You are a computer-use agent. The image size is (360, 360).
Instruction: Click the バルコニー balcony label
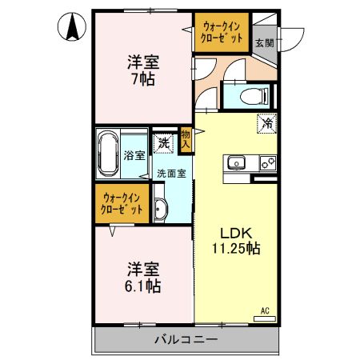(186, 341)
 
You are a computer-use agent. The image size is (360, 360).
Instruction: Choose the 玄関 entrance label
(264, 42)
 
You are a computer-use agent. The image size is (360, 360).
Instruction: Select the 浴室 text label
(135, 155)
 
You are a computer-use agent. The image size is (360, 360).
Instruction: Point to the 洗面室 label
(171, 173)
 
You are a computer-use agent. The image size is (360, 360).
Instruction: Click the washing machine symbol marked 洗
(163, 144)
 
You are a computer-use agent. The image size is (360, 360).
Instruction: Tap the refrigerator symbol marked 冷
(266, 124)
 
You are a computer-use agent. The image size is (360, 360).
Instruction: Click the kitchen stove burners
(267, 163)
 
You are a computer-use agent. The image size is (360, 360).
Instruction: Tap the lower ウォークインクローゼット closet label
(122, 204)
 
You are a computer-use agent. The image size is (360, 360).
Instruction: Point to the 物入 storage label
(186, 141)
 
